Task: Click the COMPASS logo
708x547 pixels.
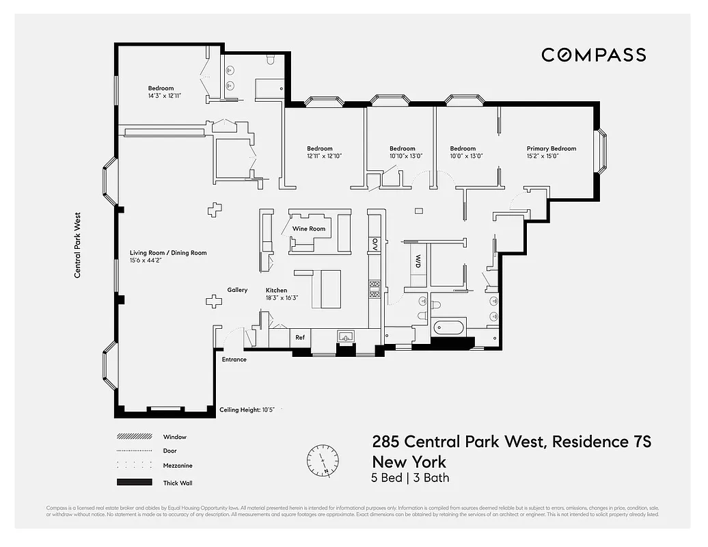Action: pos(593,55)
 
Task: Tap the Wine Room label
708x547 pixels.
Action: pos(309,229)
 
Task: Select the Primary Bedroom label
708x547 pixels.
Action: pos(551,148)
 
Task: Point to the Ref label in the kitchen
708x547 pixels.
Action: pos(300,337)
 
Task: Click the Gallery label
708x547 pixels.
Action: pos(237,290)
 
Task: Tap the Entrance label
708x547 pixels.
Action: pos(234,360)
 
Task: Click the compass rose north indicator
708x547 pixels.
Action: pos(323,459)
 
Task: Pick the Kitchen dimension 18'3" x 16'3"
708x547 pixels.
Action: pos(282,297)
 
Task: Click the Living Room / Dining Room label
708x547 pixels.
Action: pos(168,253)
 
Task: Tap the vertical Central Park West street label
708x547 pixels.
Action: pos(78,243)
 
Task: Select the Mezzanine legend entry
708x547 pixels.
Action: pos(178,466)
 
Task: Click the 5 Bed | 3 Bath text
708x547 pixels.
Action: pos(410,478)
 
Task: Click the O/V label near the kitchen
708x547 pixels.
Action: pos(375,244)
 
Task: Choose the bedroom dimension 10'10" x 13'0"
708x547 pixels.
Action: pos(403,156)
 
